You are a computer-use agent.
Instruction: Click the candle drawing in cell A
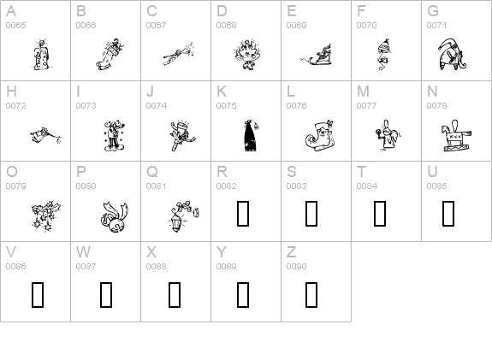[41, 55]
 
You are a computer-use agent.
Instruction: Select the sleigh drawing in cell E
[317, 56]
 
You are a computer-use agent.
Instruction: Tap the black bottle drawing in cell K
[251, 135]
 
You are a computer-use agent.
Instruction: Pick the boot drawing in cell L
[319, 135]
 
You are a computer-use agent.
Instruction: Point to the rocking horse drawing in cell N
[457, 136]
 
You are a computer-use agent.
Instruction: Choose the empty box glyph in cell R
[243, 214]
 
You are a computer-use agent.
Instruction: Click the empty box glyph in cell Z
[311, 294]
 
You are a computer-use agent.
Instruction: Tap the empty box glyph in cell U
[448, 214]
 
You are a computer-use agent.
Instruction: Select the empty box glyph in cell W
[106, 294]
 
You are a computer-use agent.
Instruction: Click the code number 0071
[436, 26]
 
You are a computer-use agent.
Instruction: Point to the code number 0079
[15, 186]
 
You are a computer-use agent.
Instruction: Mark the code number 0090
[296, 266]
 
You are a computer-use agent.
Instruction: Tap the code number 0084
[366, 186]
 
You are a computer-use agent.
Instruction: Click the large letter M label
[363, 91]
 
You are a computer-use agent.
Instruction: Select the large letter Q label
[152, 172]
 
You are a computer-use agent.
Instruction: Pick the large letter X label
[151, 251]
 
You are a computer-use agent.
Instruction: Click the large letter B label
[81, 11]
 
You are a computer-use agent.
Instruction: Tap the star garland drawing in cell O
[46, 216]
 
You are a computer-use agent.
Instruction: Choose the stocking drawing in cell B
[110, 54]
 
